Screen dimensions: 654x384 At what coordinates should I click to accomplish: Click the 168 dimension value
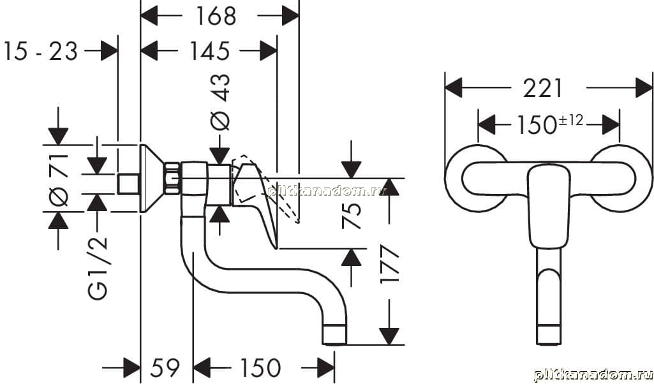coord(215,16)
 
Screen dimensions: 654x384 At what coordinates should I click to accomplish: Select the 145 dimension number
coord(210,51)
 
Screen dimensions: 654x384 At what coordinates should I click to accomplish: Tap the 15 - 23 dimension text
coord(40,51)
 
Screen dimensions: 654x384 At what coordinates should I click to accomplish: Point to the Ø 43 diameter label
coord(219,102)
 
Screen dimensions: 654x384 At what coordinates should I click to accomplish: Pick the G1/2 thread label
coord(98,268)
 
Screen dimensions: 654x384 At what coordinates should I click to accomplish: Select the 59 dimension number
coord(165,368)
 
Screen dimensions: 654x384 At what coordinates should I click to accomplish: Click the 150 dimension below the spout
coord(260,368)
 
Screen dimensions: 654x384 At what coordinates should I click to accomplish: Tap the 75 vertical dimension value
coord(352,215)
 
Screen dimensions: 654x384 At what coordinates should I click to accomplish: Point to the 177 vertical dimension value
coord(390,265)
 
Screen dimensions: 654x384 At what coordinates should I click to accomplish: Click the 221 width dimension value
coord(542,89)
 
